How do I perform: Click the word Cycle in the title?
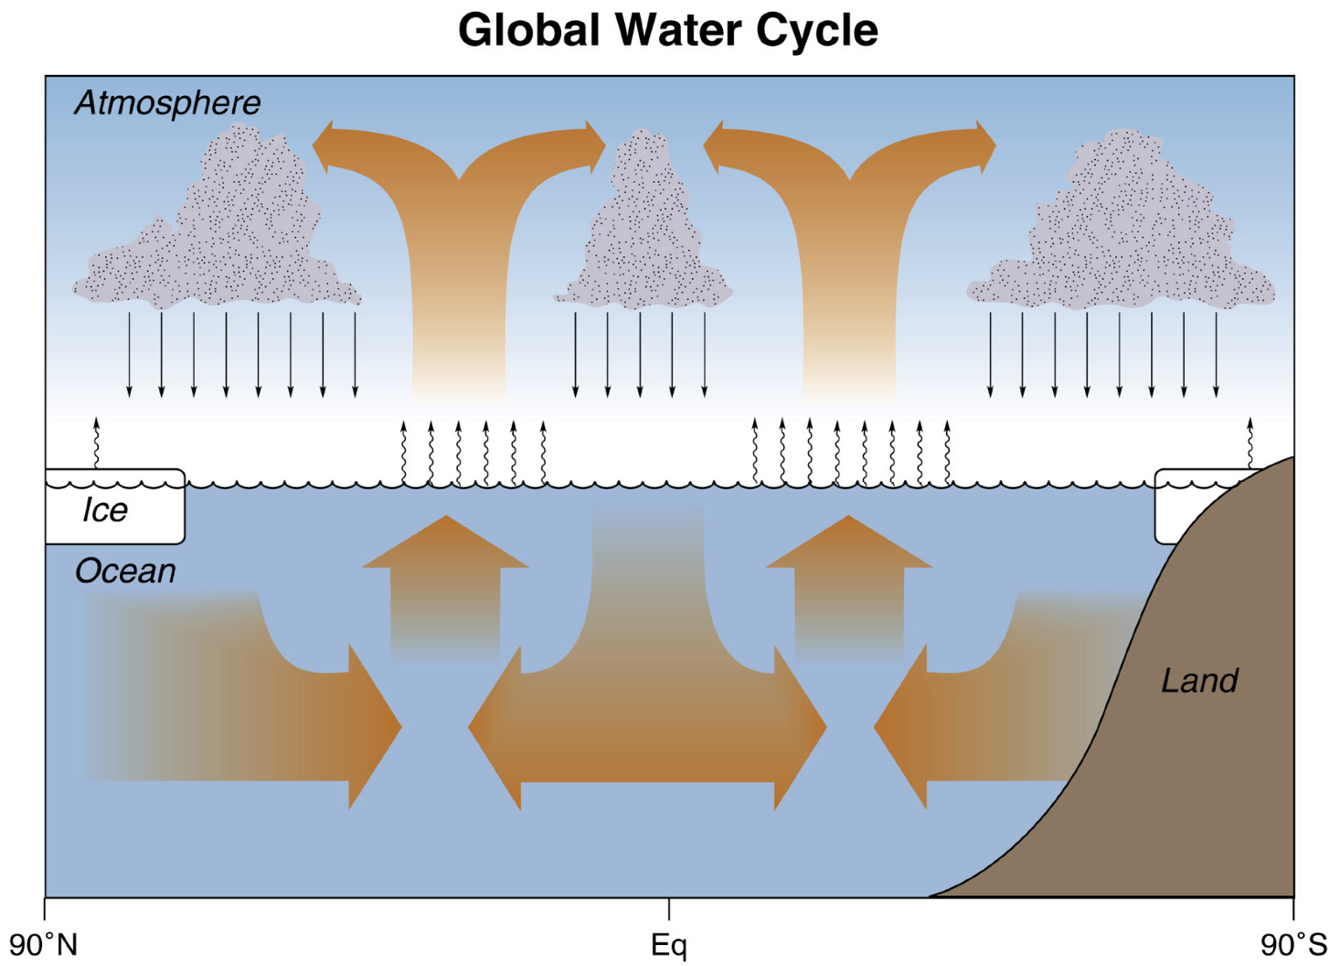[816, 30]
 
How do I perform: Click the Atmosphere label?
[167, 102]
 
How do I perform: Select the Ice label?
[105, 510]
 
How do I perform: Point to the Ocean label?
[125, 572]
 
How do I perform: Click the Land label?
[1199, 681]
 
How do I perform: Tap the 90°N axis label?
[43, 945]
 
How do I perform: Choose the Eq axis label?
[668, 945]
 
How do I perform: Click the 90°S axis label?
[1293, 945]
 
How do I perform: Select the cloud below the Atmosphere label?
[219, 229]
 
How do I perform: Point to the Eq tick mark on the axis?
[668, 908]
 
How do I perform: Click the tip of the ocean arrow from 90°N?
[399, 727]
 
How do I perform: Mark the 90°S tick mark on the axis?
[1293, 908]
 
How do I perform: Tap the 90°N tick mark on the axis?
[45, 908]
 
